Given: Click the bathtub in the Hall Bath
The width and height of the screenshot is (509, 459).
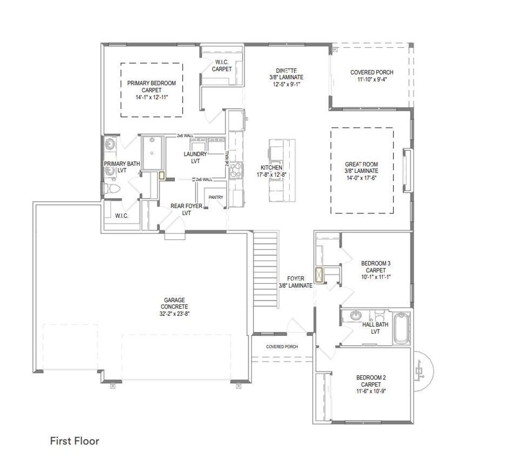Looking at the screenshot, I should tap(401, 328).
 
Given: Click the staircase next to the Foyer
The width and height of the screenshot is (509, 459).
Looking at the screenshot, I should tap(265, 266).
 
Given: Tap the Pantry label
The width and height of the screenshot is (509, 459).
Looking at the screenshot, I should tap(216, 198).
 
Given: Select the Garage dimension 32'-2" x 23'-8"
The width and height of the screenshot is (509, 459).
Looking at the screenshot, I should tap(175, 314).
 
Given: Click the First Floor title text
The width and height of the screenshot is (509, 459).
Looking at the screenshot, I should tap(75, 441).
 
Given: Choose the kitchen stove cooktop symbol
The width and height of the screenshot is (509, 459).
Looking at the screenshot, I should tap(235, 170).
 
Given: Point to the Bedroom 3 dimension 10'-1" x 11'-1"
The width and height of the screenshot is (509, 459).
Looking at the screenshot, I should tap(375, 277).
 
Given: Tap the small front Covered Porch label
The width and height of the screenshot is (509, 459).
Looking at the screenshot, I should tap(282, 346).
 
